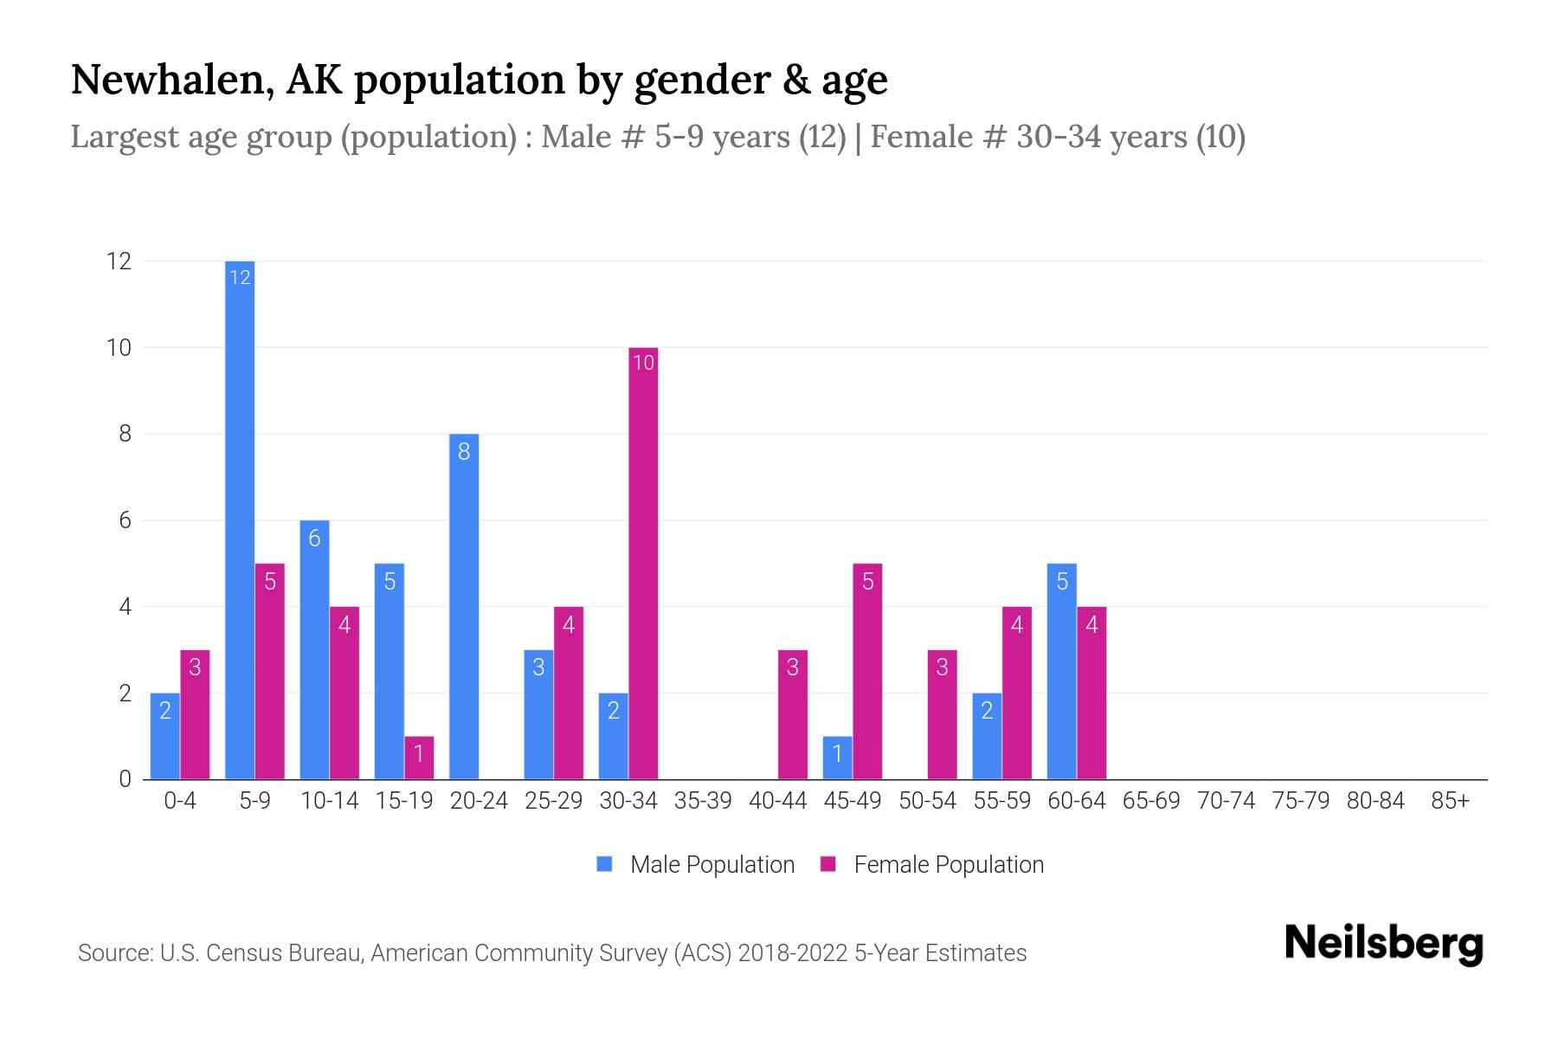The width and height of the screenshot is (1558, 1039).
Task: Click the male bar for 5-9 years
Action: [x=240, y=519]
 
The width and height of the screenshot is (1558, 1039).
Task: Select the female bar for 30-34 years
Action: [x=643, y=563]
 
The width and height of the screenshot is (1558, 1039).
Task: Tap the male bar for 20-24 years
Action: [x=464, y=606]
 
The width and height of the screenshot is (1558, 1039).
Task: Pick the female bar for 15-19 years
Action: [x=419, y=758]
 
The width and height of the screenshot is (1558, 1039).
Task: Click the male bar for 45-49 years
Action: [x=837, y=758]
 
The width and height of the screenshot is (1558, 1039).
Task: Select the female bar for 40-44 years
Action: [x=793, y=714]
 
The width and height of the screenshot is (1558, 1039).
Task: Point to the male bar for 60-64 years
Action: [x=1062, y=671]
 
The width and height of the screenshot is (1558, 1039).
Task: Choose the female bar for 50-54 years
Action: [x=942, y=714]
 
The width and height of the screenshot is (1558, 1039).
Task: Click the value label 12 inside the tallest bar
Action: [x=240, y=277]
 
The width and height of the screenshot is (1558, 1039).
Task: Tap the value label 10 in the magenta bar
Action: [x=643, y=363]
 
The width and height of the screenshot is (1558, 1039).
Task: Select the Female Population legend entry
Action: [x=931, y=864]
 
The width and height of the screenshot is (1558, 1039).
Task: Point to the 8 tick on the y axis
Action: [x=125, y=434]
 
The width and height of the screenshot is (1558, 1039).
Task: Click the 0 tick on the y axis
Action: [x=125, y=779]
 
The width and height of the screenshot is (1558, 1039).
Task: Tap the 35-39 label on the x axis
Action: [x=703, y=801]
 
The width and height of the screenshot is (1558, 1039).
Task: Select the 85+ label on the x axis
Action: [x=1450, y=801]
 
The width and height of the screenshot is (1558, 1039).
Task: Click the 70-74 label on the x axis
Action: [x=1226, y=801]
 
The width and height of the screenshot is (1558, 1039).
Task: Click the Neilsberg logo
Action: [x=1383, y=944]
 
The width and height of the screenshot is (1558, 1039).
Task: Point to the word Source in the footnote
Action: [x=113, y=953]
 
